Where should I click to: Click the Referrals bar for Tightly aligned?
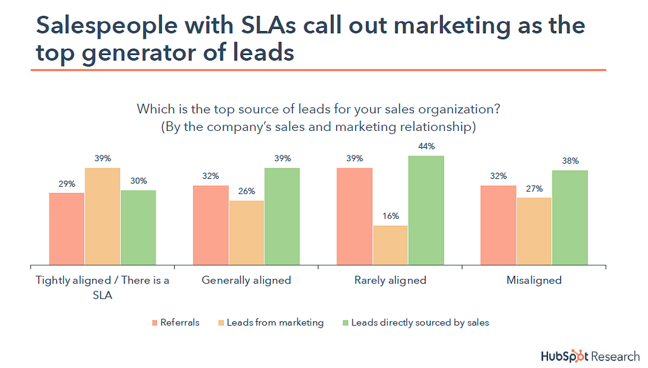click(x=66, y=228)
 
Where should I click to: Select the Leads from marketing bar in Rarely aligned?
click(x=390, y=245)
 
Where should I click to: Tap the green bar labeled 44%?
click(x=426, y=210)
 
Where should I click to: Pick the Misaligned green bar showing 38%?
click(x=570, y=218)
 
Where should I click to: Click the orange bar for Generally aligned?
click(x=247, y=232)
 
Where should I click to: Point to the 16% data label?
click(x=390, y=216)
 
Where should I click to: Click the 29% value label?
click(x=66, y=183)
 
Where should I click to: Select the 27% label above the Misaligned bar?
click(x=534, y=188)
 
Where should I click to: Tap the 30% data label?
click(x=138, y=181)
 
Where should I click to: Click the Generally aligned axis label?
click(x=246, y=280)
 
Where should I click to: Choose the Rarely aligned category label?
click(x=390, y=280)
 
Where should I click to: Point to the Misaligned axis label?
click(x=533, y=280)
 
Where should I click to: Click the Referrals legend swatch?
click(x=154, y=323)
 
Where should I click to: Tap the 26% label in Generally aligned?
click(x=247, y=192)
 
